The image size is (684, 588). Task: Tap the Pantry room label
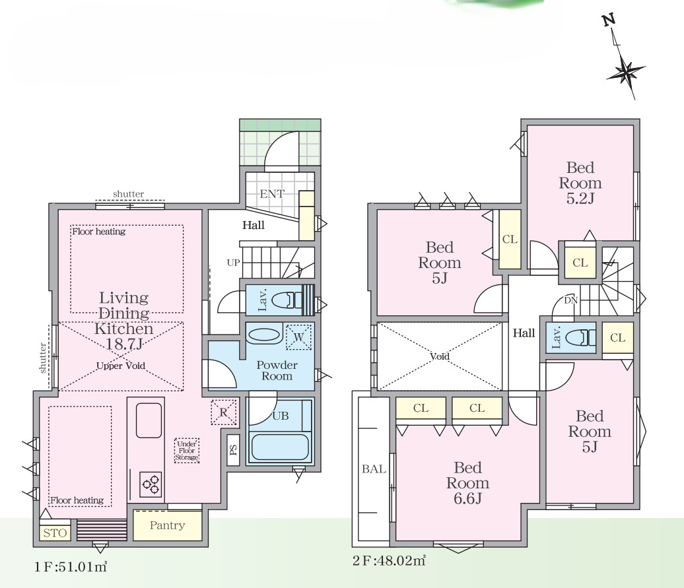coord(168,525)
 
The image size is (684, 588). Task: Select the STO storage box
coord(55,533)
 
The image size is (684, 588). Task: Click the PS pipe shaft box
coord(233,450)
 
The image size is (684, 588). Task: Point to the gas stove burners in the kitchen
coord(151,484)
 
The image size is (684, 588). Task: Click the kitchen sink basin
coord(149,420)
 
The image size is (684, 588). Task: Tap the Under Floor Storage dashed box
coord(187,451)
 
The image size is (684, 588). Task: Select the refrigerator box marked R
coord(223,412)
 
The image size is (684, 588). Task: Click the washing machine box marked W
coord(299,337)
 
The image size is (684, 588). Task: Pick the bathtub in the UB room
coord(280,447)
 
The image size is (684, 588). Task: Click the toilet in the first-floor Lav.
coord(287,300)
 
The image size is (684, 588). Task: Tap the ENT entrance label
coord(272,193)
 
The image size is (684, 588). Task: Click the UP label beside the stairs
coord(233,263)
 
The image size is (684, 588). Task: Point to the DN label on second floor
coord(570,300)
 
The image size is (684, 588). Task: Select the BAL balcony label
coord(374,469)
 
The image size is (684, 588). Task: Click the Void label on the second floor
coord(439,356)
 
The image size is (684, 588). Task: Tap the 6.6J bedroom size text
coord(467,498)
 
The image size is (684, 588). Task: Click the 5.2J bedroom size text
coord(580,199)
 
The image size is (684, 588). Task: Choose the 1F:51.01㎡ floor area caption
coord(71,567)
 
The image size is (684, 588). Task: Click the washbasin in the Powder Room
coord(264,336)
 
